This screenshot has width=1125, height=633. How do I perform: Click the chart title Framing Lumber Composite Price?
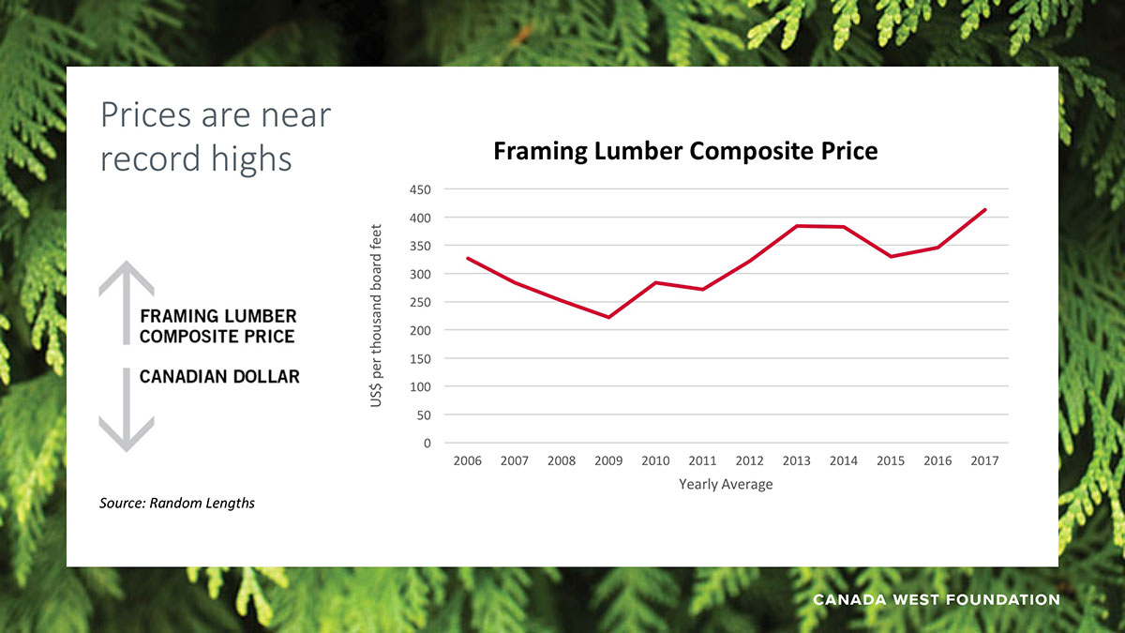(x=685, y=151)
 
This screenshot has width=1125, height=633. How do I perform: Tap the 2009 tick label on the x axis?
(x=608, y=460)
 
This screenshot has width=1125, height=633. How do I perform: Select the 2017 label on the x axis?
(x=984, y=460)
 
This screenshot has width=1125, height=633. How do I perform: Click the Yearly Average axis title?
(x=726, y=485)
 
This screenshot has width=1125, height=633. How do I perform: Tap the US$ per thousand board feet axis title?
(x=377, y=315)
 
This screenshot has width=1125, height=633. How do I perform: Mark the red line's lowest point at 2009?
(x=608, y=317)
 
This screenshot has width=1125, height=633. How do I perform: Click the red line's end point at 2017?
(x=985, y=210)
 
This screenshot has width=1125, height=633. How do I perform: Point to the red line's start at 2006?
(x=468, y=258)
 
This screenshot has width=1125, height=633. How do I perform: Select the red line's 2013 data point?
(x=797, y=226)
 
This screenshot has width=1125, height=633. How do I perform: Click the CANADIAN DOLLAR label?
(x=219, y=377)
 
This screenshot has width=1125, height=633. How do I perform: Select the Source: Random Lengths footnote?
(x=177, y=504)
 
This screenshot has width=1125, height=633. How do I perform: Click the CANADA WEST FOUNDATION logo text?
(x=936, y=599)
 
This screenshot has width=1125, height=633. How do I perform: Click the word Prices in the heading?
(x=146, y=115)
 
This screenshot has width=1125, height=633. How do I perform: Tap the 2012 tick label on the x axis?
(x=749, y=460)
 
